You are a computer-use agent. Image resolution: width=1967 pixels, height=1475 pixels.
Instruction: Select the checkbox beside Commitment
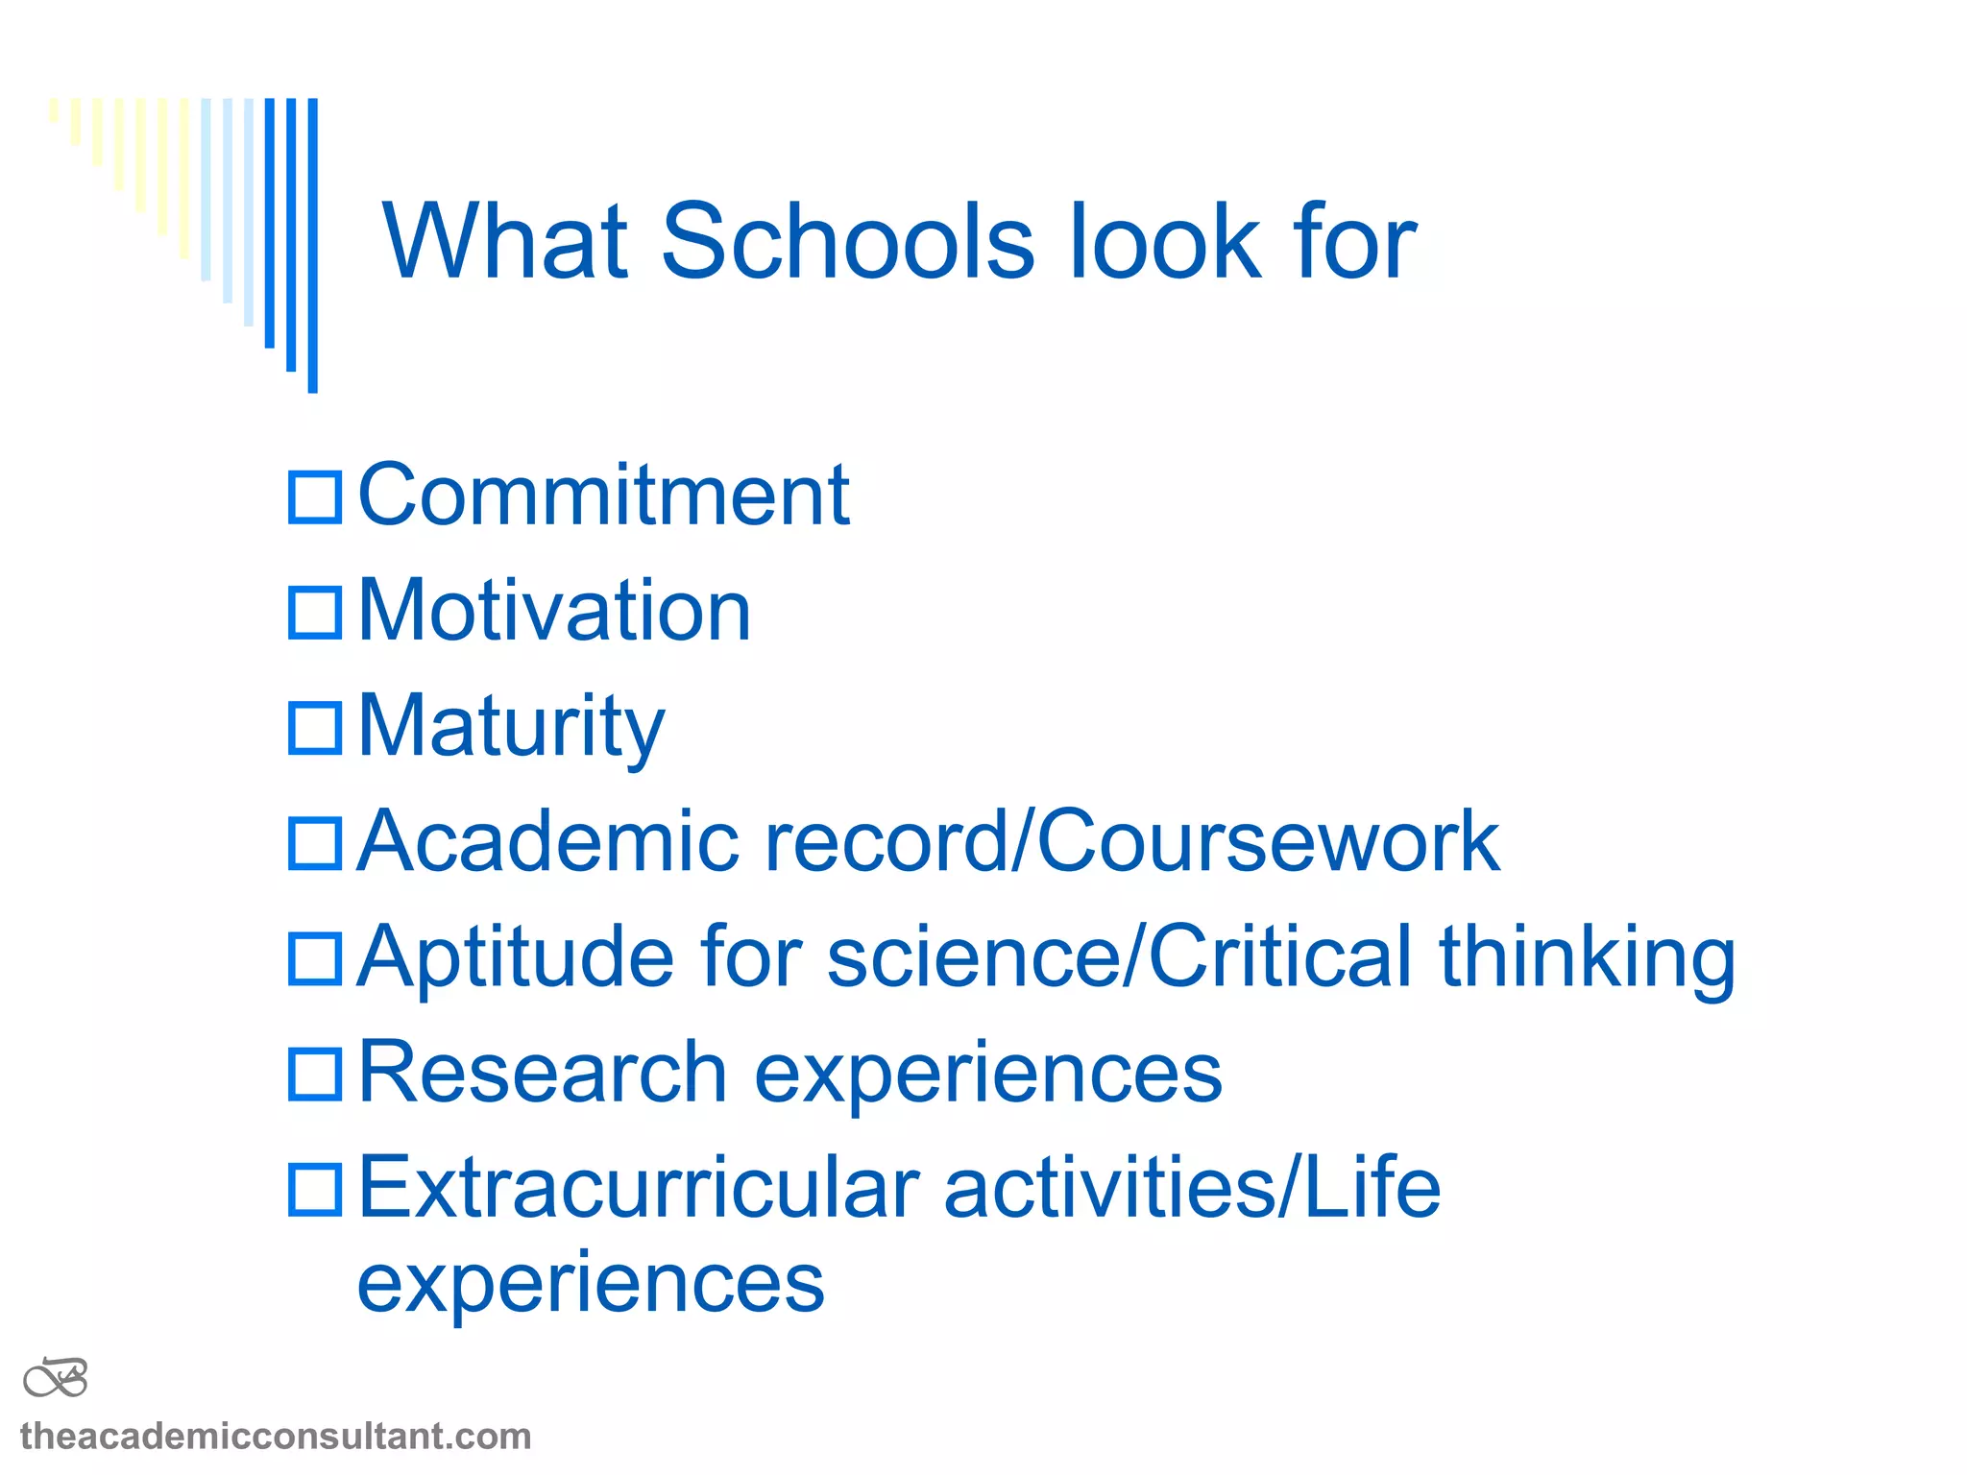(315, 497)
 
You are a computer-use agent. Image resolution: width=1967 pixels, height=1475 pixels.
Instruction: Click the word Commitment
(603, 496)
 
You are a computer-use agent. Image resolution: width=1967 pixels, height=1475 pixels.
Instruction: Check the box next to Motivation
(315, 613)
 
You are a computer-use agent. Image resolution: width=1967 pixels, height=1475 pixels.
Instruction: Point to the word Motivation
(554, 611)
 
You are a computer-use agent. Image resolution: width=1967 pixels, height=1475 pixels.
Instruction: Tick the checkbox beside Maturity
(315, 728)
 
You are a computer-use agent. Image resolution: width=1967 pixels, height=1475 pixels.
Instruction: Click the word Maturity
(511, 728)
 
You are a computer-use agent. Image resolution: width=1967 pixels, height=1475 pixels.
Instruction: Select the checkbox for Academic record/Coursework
(315, 843)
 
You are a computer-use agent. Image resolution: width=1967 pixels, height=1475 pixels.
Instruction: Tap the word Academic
(547, 841)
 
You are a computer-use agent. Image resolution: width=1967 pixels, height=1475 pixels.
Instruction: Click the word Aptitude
(516, 958)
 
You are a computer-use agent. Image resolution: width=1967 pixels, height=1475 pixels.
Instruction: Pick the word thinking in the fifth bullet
(1587, 958)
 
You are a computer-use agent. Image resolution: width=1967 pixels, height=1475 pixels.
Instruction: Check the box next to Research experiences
(315, 1074)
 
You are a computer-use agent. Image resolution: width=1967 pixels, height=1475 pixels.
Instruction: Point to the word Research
(543, 1072)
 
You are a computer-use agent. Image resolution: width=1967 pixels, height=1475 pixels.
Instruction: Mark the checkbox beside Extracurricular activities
(315, 1189)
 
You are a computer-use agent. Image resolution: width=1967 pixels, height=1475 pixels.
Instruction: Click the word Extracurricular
(639, 1189)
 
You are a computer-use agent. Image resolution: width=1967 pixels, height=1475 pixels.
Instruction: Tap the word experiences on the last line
(591, 1285)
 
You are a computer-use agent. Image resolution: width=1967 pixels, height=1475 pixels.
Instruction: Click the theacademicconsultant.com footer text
(276, 1437)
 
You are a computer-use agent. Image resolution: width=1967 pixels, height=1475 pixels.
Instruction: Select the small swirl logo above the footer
(56, 1379)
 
